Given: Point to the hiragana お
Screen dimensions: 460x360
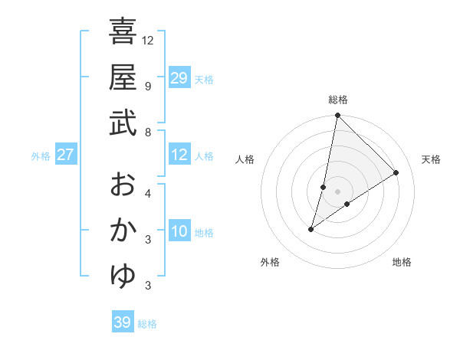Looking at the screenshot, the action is point(123,185).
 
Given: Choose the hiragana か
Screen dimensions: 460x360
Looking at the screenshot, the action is point(123,231).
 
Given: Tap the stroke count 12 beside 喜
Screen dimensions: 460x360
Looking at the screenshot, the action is point(148,40).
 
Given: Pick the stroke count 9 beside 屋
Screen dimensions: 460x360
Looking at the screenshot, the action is point(147,86).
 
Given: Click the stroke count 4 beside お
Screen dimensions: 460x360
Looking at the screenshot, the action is point(147,193).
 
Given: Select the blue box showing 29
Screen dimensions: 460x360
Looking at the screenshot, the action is point(179,78).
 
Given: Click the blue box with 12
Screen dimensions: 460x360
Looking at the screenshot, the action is point(179,155).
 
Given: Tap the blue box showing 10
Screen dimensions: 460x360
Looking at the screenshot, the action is point(179,232).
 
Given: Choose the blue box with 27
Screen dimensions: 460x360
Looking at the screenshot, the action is point(66,155).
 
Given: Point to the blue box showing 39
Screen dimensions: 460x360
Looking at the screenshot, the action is point(122,322).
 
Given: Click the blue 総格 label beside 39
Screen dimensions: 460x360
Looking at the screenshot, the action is point(147,324).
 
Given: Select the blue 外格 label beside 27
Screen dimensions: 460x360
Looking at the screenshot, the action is point(41,156).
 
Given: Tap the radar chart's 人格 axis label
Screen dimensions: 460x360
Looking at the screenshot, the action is point(245,159).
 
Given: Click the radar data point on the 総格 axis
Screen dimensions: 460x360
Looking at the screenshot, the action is point(337,116).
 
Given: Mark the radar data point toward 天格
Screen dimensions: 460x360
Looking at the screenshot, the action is point(396,172).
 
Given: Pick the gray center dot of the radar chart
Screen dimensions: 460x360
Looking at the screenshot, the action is point(337,191).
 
